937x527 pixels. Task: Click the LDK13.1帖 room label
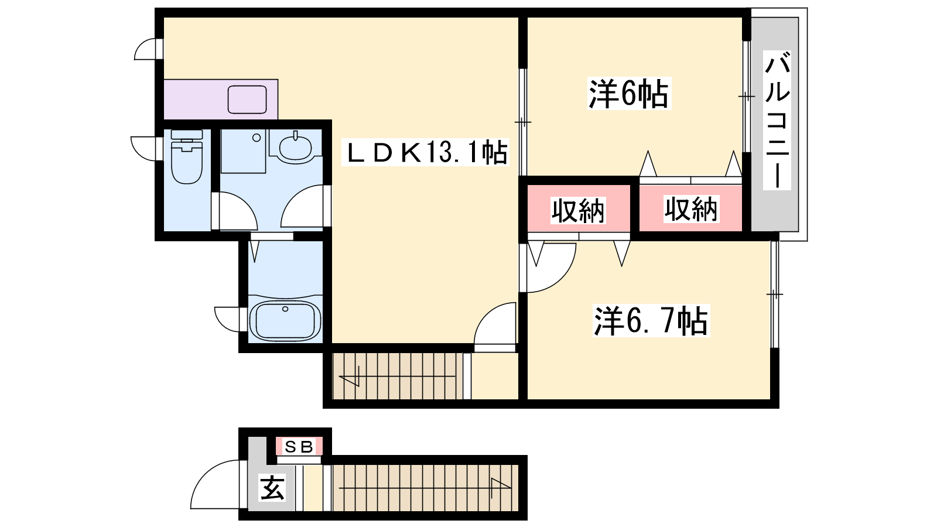(425, 152)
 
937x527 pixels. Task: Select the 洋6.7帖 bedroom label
(651, 321)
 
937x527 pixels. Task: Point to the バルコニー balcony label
(777, 121)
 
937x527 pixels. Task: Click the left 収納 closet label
(577, 210)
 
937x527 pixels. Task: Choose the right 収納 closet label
(691, 208)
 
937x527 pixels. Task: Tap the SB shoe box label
(299, 447)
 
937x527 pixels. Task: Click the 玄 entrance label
(272, 488)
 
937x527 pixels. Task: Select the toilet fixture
(187, 156)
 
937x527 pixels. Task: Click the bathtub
(285, 320)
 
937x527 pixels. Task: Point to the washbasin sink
(295, 147)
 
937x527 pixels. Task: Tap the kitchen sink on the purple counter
(247, 100)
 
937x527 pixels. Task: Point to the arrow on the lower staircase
(425, 488)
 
